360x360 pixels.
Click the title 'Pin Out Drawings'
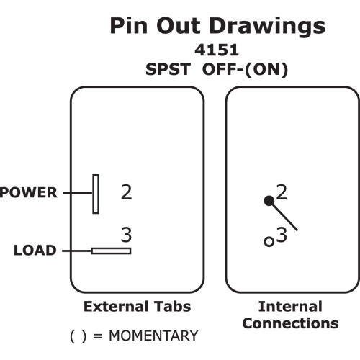(217, 27)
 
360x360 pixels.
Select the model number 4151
(217, 50)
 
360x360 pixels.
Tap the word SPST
(168, 69)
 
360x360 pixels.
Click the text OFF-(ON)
(245, 70)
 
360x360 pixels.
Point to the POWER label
(29, 192)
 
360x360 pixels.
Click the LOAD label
(35, 250)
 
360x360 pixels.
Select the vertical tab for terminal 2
(96, 194)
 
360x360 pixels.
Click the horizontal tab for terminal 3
(111, 251)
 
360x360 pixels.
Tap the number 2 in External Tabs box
(126, 192)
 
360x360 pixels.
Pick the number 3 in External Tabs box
(126, 235)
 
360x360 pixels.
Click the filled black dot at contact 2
(269, 201)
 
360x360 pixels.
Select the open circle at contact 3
(269, 241)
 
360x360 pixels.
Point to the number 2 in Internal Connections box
(282, 192)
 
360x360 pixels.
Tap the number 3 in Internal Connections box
(282, 235)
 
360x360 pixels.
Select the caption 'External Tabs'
(138, 307)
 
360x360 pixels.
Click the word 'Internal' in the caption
(290, 307)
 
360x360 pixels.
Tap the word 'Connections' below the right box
(290, 323)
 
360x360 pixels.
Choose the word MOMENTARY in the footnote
(153, 336)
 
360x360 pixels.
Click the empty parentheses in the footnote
(78, 336)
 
